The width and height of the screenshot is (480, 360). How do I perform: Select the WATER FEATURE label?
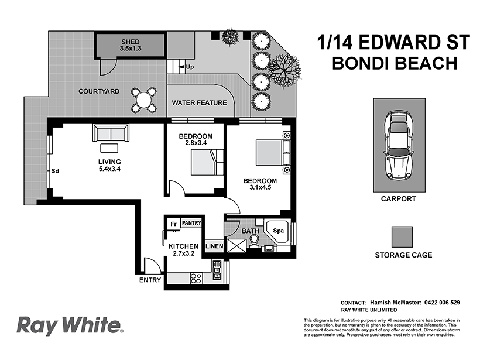coord(199,103)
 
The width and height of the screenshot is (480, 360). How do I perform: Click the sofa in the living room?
coord(111,133)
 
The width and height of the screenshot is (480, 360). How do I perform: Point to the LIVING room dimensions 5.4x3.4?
coord(109,170)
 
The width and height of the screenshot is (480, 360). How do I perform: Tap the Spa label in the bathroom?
coord(279,231)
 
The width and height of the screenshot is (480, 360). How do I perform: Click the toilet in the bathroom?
coord(254,242)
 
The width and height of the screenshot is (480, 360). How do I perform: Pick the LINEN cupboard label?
coord(214,246)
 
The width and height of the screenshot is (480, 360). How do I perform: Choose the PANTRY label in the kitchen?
coord(191,223)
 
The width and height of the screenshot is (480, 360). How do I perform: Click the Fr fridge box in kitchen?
coord(173,224)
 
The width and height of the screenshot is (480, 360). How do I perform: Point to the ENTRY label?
coord(150,280)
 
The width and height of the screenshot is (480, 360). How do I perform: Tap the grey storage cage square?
coord(403,237)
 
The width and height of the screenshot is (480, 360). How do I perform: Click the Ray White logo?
coord(69,325)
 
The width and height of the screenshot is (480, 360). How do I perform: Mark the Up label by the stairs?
coord(190,67)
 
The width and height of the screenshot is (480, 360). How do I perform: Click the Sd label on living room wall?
coord(56,172)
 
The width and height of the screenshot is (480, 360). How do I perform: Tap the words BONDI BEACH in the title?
coord(394,63)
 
